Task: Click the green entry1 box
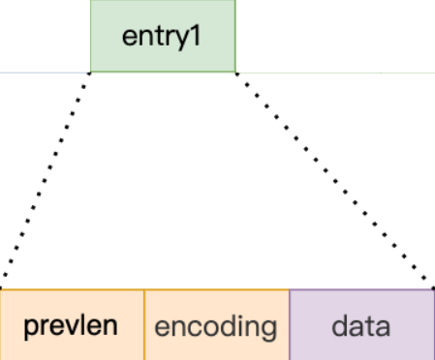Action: coord(163,36)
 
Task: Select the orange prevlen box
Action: coord(73,324)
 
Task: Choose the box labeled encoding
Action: coord(217,324)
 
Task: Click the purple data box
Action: coord(361,324)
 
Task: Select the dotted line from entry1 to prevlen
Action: coord(47,179)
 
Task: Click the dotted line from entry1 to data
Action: coord(334,179)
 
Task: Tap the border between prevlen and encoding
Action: coord(144,324)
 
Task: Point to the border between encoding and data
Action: coord(290,324)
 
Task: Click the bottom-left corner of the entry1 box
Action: coord(91,72)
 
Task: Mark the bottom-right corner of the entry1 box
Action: coord(234,72)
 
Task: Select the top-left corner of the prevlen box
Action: coord(2,288)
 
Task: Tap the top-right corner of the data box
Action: coord(433,288)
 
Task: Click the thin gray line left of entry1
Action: coord(44,72)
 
